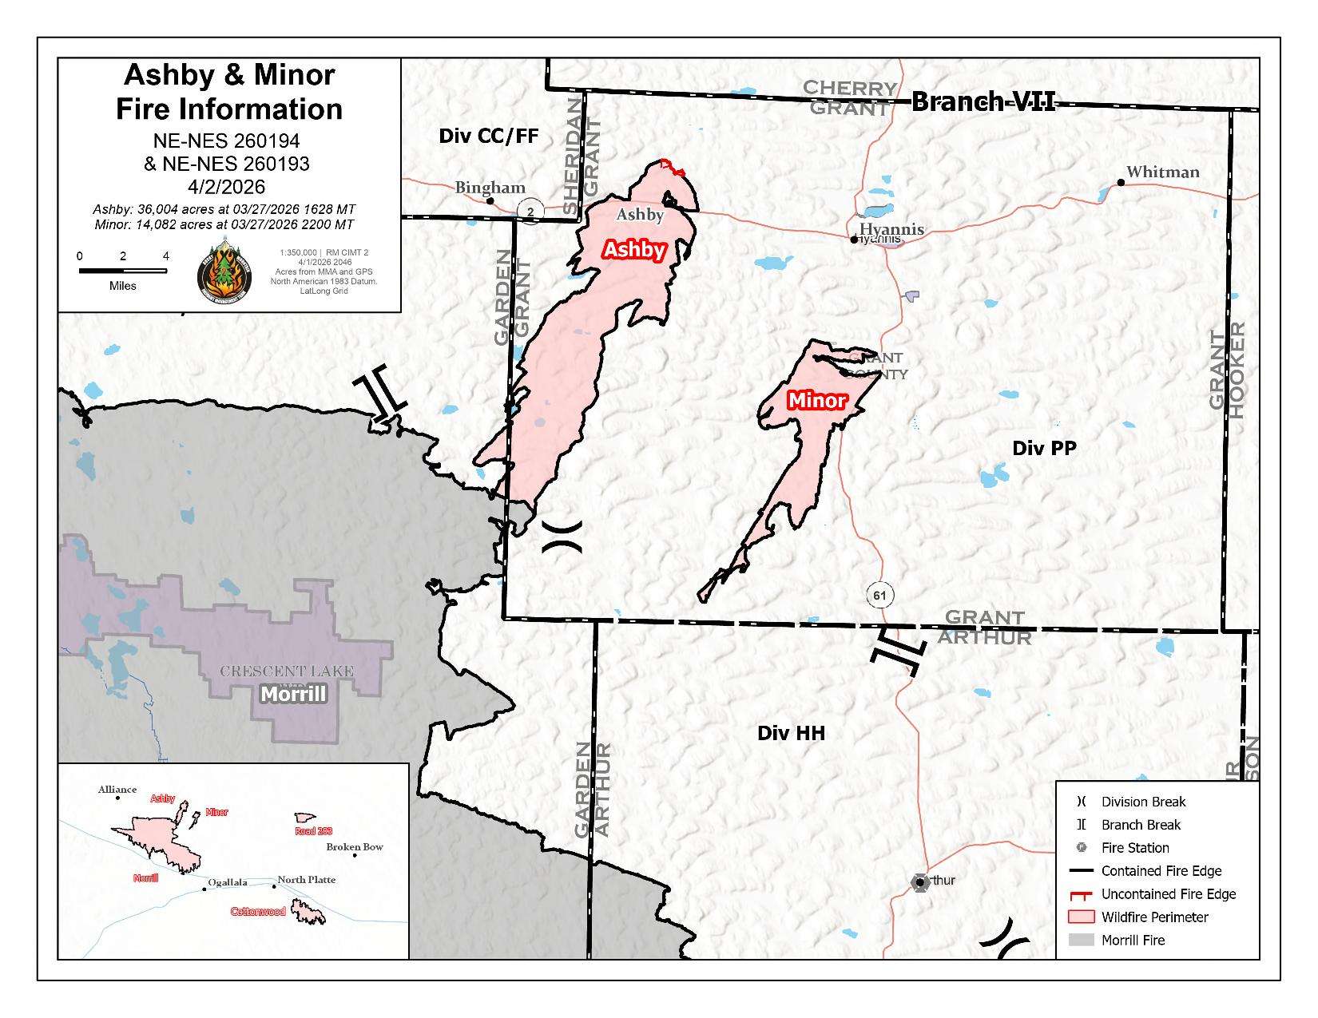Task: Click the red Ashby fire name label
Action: point(634,250)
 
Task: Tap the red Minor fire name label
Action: point(816,400)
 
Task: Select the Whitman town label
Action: point(1162,172)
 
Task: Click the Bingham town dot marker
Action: point(490,201)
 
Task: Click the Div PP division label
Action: point(1044,448)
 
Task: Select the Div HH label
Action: point(791,733)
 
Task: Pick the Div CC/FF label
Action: point(489,136)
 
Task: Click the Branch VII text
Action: point(983,101)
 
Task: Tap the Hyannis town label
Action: point(891,229)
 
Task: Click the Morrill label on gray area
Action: point(294,694)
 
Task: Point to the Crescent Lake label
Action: point(287,671)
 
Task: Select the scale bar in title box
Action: point(122,271)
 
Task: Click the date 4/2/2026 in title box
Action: point(227,187)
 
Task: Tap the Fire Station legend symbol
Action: point(1082,848)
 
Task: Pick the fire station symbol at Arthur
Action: point(919,882)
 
